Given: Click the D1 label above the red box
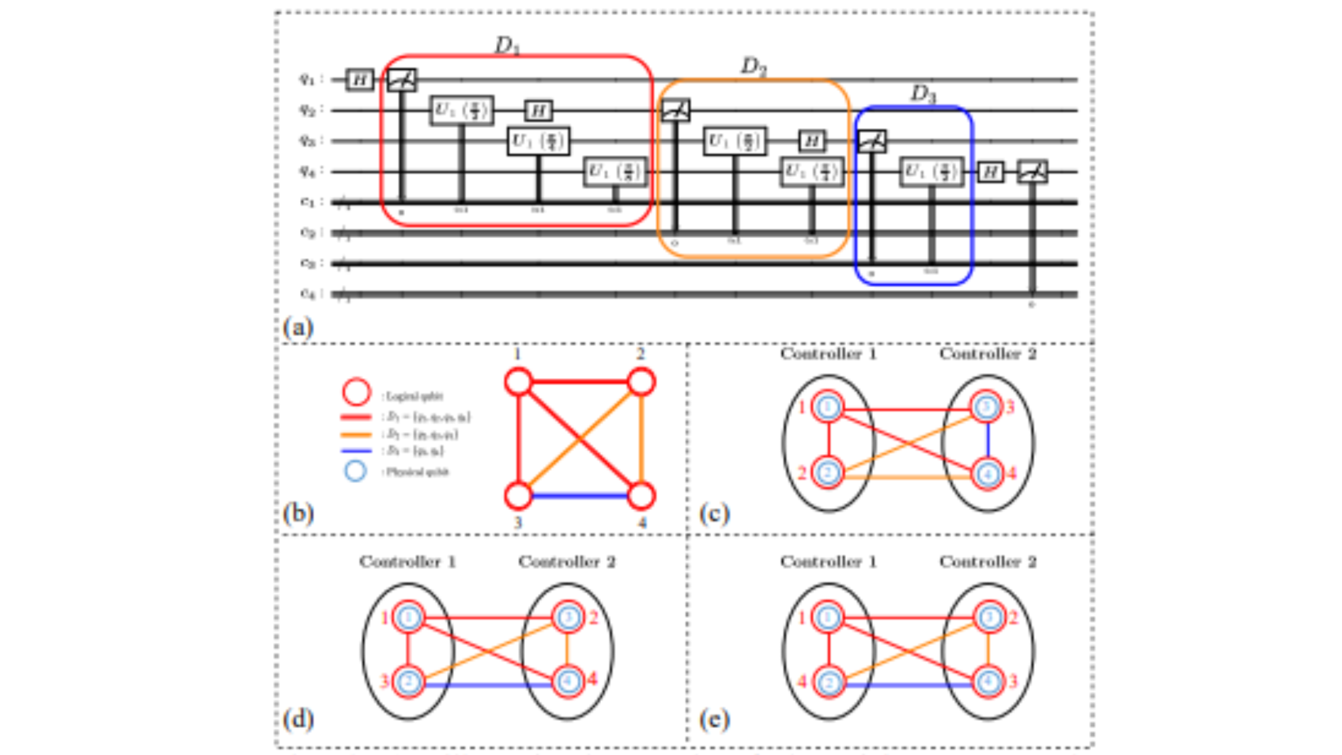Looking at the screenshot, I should [x=507, y=45].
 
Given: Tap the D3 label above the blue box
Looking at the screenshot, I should [x=923, y=94].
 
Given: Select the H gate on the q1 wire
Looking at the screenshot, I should [x=359, y=80].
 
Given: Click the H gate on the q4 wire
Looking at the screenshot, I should [x=990, y=172].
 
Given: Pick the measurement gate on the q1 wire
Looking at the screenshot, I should [x=402, y=80].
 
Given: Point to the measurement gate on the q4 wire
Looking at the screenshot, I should [x=1032, y=172].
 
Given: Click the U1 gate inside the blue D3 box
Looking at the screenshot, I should [x=931, y=172].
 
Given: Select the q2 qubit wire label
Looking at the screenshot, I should [x=308, y=110].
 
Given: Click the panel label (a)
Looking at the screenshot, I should [x=298, y=326].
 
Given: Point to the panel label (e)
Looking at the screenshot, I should [x=714, y=720].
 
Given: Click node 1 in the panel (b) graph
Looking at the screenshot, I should [x=518, y=382].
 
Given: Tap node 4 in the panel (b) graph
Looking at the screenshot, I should [x=642, y=496].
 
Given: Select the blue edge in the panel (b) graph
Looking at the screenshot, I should [x=580, y=496].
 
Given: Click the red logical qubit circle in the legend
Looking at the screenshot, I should [x=356, y=392].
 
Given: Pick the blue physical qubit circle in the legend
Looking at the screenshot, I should [x=355, y=471].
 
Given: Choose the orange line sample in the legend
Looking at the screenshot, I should [x=356, y=435].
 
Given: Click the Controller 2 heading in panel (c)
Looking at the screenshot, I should [x=987, y=355].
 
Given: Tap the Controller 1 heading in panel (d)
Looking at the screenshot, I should [x=407, y=562].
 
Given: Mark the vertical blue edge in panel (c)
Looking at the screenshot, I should [x=988, y=440].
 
